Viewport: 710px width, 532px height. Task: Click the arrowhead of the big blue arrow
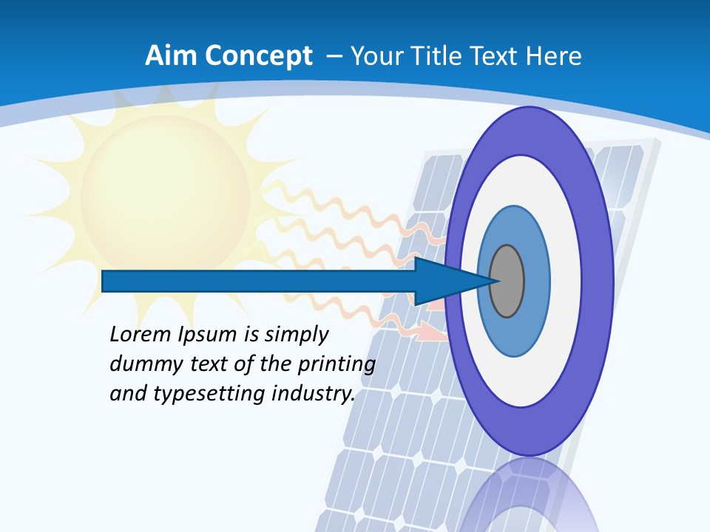(x=451, y=281)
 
